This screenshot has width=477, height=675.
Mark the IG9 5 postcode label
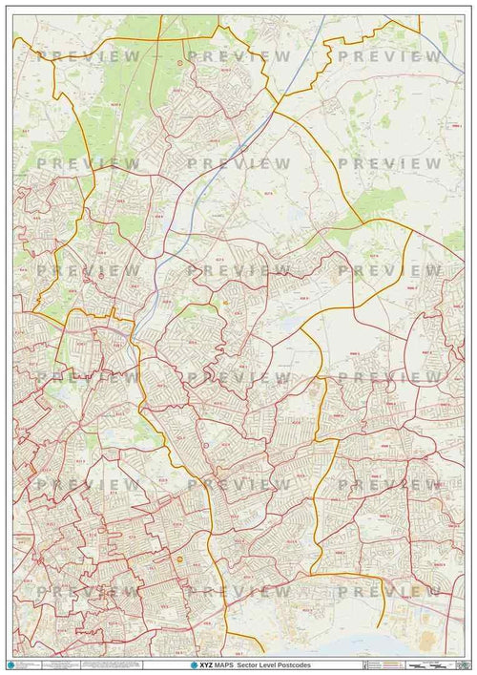coord(134,285)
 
